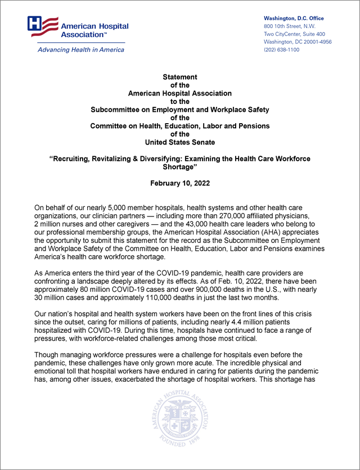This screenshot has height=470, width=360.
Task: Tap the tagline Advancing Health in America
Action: coord(81,49)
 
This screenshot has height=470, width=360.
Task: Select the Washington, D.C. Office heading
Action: coord(294,19)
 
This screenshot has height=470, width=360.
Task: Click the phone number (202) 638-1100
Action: coord(281,50)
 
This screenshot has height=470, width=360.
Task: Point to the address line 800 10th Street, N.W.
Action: coord(290,26)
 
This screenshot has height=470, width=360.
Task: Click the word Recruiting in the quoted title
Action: coord(75,159)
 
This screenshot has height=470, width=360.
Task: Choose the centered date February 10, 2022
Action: coord(180,183)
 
